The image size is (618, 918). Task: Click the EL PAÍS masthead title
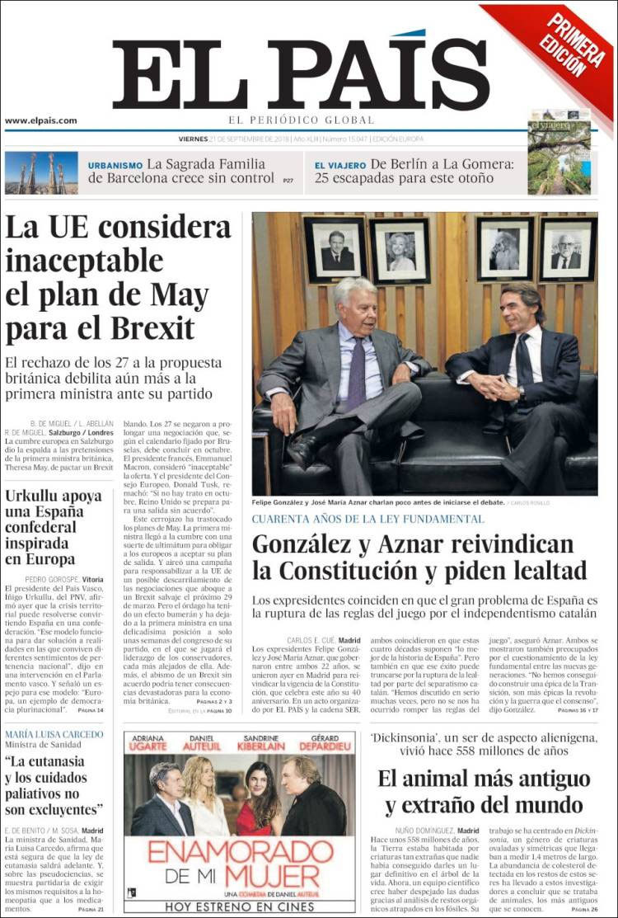coord(301,74)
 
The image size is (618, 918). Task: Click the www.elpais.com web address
coord(41,120)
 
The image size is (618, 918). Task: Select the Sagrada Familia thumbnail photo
coord(41,172)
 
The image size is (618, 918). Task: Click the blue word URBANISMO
coord(115,165)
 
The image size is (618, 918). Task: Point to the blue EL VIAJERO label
coord(340,165)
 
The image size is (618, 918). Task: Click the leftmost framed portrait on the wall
coord(335,250)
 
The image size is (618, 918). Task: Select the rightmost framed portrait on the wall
coord(568,250)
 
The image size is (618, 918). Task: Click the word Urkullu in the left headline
coord(39,496)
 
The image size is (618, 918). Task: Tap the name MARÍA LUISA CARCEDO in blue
coord(54,734)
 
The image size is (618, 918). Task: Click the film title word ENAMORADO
coord(241,852)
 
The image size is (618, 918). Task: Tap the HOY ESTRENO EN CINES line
coord(241,906)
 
